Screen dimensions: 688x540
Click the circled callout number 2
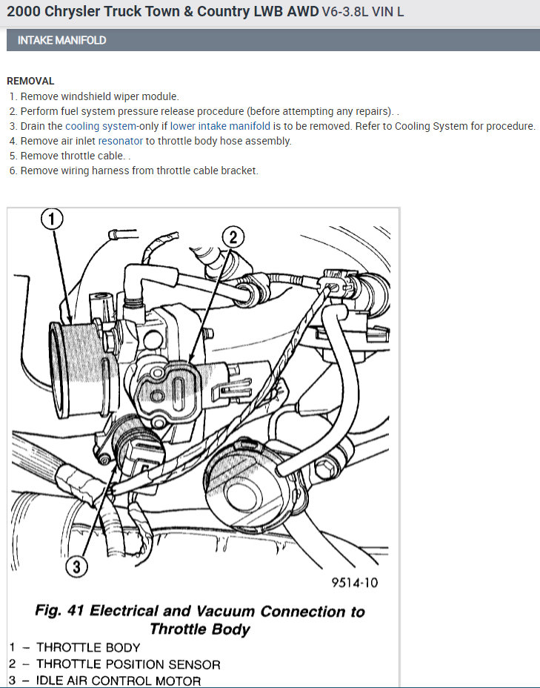click(x=233, y=236)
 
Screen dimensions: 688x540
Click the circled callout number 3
click(x=76, y=567)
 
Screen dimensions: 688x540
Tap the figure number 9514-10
click(x=354, y=582)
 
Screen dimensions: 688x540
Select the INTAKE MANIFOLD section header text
click(x=61, y=40)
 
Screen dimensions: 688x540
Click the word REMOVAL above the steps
click(x=30, y=81)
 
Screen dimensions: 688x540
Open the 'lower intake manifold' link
click(x=220, y=126)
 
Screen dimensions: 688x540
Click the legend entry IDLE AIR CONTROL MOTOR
click(x=119, y=681)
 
